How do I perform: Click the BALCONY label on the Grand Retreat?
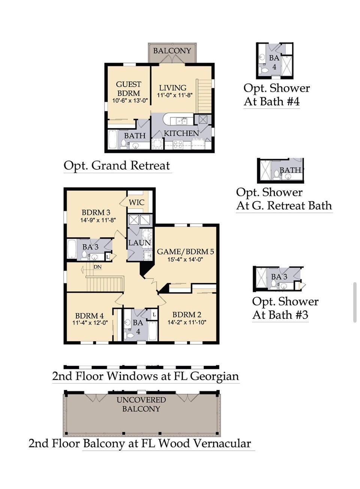tap(172, 51)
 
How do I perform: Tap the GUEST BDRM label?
tap(129, 89)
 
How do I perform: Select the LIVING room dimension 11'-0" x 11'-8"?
tap(175, 96)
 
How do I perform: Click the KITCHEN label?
tap(181, 133)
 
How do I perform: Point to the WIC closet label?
tap(136, 202)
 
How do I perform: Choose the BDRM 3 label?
tap(96, 212)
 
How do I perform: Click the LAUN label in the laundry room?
tap(139, 243)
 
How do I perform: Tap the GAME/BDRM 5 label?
tap(186, 252)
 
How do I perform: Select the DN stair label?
tap(97, 267)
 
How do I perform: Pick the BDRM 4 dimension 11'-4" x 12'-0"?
tap(90, 323)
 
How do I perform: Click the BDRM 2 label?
tap(187, 315)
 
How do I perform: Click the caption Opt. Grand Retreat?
tap(117, 166)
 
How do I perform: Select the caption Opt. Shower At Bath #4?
tap(276, 95)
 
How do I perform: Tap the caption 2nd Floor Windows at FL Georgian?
tap(145, 376)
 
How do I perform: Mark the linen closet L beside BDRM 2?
tap(154, 315)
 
